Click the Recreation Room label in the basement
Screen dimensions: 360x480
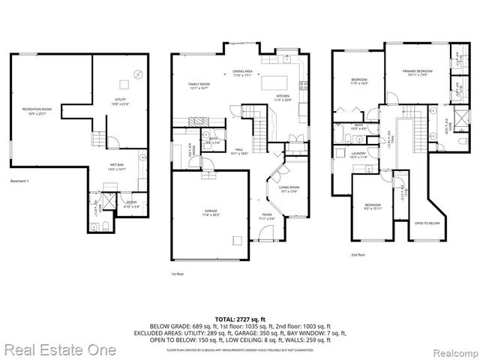click(35, 111)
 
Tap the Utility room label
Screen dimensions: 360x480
click(121, 103)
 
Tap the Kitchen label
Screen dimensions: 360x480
click(283, 97)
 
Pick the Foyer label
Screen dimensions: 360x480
click(266, 216)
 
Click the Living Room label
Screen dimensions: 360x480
click(289, 189)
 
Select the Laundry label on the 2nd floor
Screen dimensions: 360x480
click(358, 155)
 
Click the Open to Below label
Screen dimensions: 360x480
click(427, 223)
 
